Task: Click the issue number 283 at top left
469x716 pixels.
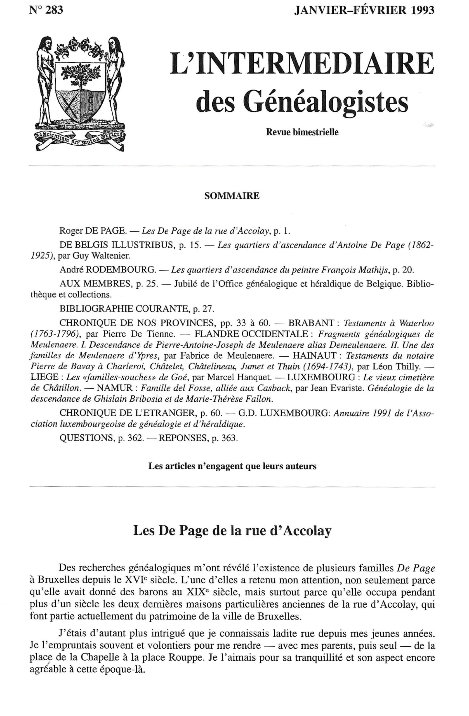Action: pyautogui.click(x=54, y=10)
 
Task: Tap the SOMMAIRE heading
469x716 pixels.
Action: pyautogui.click(x=232, y=196)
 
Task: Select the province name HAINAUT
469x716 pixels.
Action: pyautogui.click(x=314, y=355)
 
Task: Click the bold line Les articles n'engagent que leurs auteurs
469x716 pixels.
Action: pyautogui.click(x=232, y=466)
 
